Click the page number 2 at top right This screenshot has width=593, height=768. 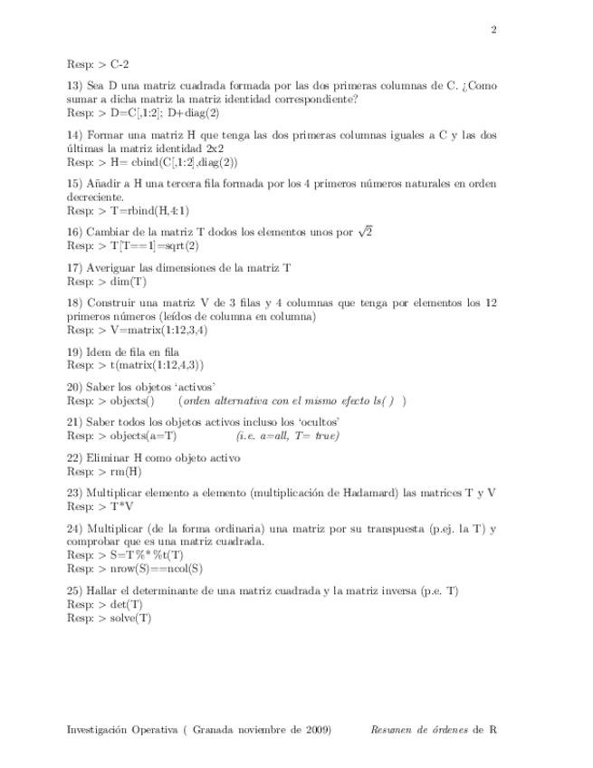click(493, 30)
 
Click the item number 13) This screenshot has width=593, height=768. click(75, 86)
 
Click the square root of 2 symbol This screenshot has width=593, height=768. click(366, 232)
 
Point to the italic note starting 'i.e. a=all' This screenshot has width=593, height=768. click(288, 436)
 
